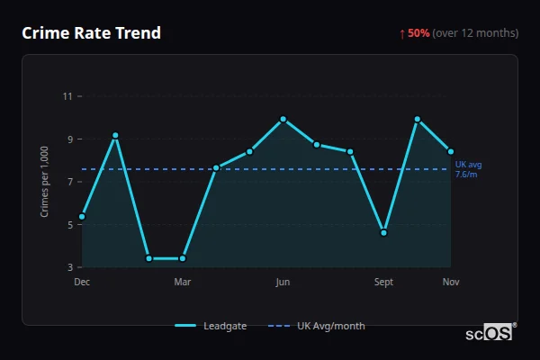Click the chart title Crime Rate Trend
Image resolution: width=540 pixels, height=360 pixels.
91,33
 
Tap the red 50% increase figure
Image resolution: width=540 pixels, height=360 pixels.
418,33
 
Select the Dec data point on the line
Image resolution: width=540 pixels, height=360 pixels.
82,217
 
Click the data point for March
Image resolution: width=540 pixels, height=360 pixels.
183,258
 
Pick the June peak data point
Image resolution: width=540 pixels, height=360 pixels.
283,119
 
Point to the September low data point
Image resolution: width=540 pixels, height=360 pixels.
383,232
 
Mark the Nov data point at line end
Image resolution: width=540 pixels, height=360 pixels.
451,151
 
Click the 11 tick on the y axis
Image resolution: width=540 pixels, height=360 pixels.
67,96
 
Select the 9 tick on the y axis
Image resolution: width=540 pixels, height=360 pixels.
69,139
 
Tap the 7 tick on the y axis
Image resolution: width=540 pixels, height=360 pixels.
69,182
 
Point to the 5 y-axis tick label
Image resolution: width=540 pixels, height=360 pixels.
69,225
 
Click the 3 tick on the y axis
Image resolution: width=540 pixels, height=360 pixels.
69,267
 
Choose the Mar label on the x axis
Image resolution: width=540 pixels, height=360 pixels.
183,283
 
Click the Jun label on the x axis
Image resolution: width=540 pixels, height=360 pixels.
283,283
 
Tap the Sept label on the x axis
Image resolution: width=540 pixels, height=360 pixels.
384,283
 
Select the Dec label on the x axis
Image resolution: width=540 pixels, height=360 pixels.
82,283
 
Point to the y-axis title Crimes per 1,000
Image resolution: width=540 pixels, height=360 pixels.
44,182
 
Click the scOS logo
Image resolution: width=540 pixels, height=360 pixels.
490,333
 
